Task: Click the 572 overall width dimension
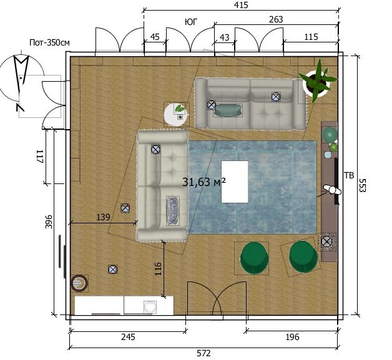click(x=203, y=353)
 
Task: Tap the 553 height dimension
click(x=362, y=185)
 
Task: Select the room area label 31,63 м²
click(x=204, y=182)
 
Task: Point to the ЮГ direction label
click(x=191, y=22)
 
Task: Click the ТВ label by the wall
click(x=350, y=175)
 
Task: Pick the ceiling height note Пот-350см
click(x=49, y=42)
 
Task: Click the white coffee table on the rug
click(x=235, y=182)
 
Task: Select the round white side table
click(x=176, y=115)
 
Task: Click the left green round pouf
click(x=254, y=258)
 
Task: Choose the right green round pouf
click(x=303, y=256)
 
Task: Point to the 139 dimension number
click(x=103, y=217)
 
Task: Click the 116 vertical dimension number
click(x=158, y=269)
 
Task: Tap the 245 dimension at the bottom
click(x=128, y=337)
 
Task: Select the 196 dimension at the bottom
click(x=292, y=337)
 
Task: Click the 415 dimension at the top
click(x=241, y=5)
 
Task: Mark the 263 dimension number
click(x=276, y=19)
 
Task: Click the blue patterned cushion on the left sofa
click(x=173, y=210)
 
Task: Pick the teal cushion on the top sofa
click(x=228, y=110)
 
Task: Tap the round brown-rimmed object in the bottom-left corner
click(x=79, y=283)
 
